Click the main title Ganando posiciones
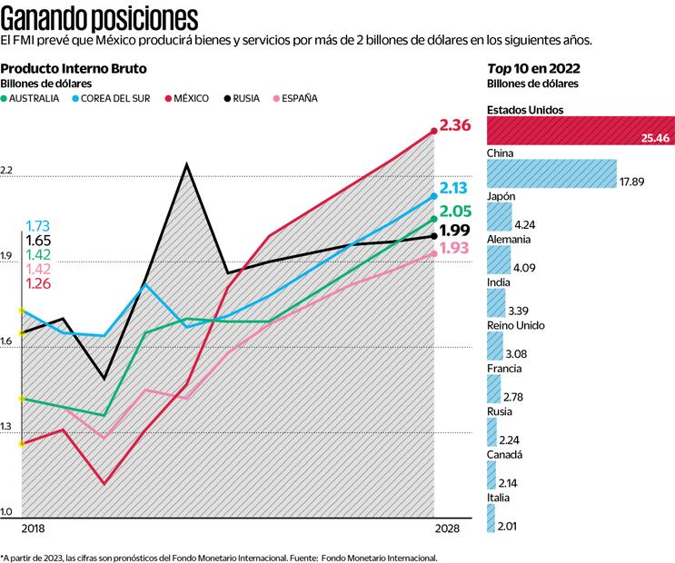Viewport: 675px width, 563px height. tap(100, 17)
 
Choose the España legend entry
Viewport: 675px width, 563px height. tap(294, 98)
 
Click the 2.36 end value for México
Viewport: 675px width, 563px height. tap(455, 126)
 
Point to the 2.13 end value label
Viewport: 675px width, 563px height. tap(454, 189)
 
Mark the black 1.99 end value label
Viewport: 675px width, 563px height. tap(454, 231)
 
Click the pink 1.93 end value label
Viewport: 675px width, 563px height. tap(454, 249)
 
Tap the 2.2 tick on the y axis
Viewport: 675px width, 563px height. tap(7, 171)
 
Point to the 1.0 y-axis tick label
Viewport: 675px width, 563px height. tap(7, 513)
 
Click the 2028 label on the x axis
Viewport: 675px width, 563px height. tap(447, 528)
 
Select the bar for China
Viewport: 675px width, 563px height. tap(551, 173)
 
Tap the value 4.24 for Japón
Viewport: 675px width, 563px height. tap(525, 224)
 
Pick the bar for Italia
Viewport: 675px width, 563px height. tap(491, 519)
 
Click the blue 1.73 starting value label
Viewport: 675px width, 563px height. tap(38, 226)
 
